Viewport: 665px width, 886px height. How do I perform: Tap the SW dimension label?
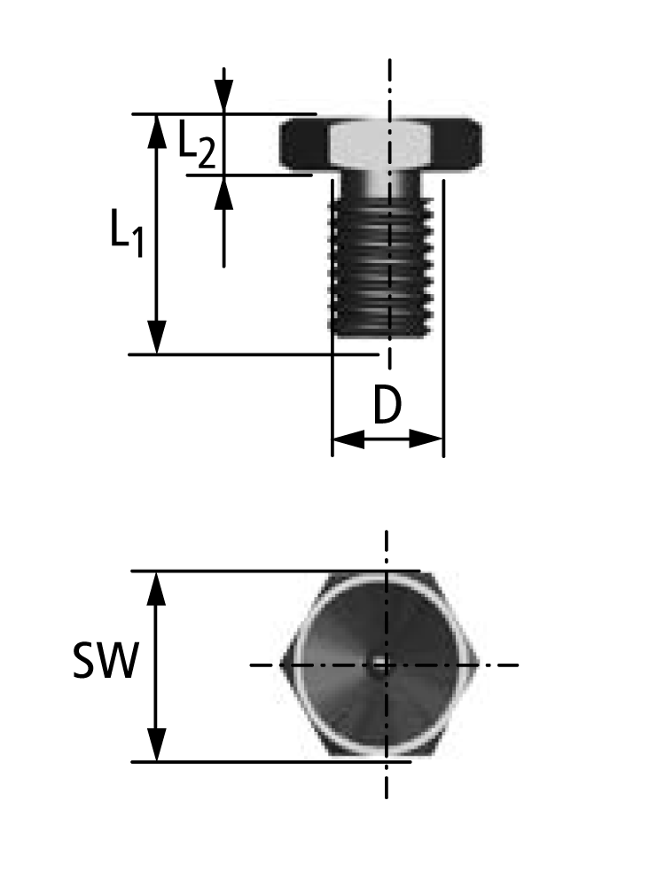[x=105, y=662]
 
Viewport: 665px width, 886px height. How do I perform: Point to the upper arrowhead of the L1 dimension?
[x=157, y=129]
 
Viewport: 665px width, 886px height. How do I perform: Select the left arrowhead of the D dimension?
[x=347, y=439]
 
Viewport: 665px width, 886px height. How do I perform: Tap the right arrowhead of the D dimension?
[x=427, y=439]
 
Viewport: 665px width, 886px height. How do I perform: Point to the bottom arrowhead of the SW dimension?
[x=157, y=745]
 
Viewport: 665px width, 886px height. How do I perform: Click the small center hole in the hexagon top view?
[x=380, y=665]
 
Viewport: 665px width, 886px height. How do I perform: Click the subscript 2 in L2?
[x=205, y=154]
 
